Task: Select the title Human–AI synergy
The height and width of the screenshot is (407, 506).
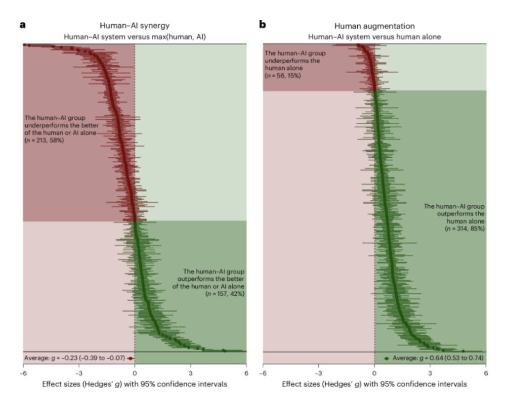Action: pyautogui.click(x=134, y=26)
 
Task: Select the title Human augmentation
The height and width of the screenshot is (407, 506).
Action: pyautogui.click(x=374, y=26)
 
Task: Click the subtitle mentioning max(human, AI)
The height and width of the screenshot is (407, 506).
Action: pyautogui.click(x=134, y=37)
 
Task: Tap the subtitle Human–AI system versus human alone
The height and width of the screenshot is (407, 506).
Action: pyautogui.click(x=374, y=37)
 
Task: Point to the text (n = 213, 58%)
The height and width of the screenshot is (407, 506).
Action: pyautogui.click(x=46, y=141)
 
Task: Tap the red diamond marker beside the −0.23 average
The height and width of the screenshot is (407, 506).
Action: pyautogui.click(x=130, y=358)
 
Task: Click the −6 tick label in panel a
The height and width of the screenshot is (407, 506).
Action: pyautogui.click(x=22, y=373)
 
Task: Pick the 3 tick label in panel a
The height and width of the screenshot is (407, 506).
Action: pyautogui.click(x=190, y=373)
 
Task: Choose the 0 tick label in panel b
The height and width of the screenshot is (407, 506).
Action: pyautogui.click(x=375, y=373)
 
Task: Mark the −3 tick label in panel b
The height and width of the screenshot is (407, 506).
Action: pyautogui.click(x=318, y=373)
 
